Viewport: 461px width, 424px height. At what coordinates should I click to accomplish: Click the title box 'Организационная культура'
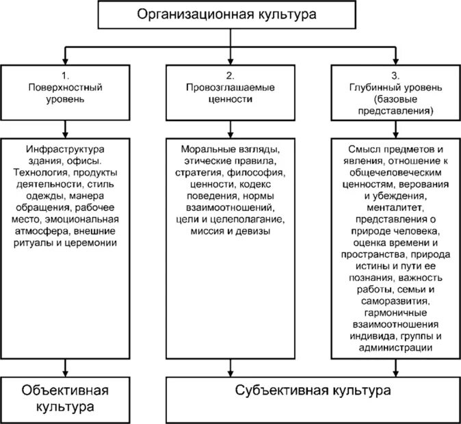230,15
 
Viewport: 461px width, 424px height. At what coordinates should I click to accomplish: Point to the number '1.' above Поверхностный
65,75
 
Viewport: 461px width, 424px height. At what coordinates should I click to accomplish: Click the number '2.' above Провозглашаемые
230,75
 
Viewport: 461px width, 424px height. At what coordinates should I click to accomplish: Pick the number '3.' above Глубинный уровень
395,75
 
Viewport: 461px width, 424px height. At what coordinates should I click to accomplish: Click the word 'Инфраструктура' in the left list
65,148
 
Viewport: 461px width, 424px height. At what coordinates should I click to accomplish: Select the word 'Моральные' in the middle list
206,148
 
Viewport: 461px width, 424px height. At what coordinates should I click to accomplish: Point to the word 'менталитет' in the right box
395,207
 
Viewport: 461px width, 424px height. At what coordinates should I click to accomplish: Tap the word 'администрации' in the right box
395,348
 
